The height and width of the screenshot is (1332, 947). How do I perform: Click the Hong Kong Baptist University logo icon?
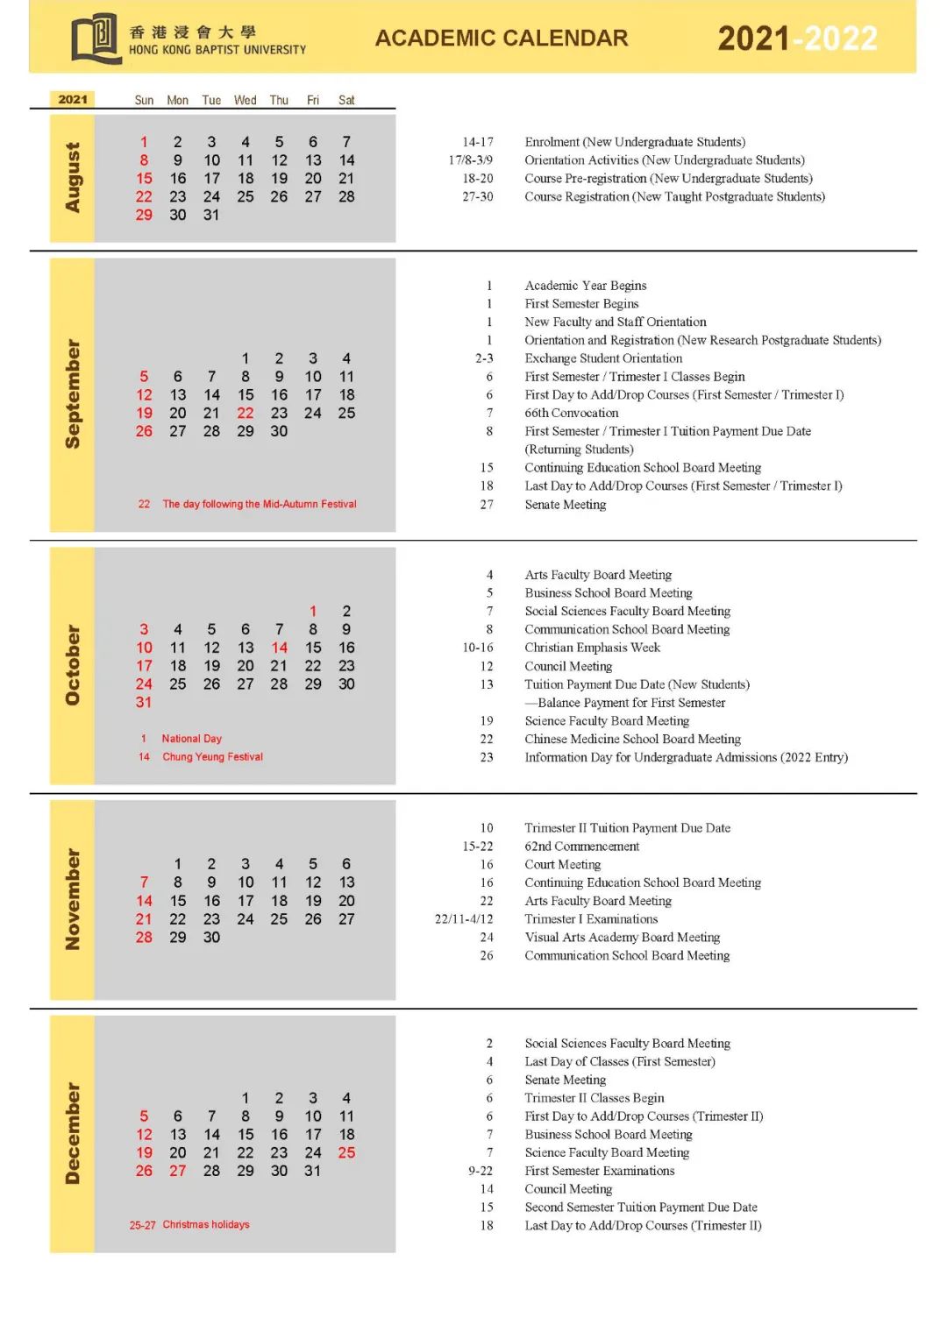point(96,38)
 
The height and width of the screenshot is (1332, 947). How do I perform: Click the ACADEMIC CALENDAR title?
point(502,39)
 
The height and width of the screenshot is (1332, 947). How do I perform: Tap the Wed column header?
point(246,100)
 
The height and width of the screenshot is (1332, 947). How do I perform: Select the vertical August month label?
point(73,177)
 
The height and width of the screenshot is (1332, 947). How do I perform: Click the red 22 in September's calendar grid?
point(246,413)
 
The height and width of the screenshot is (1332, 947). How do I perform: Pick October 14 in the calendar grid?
point(279,648)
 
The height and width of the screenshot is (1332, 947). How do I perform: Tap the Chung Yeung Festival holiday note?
point(212,757)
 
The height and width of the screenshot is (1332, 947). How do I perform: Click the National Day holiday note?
point(191,739)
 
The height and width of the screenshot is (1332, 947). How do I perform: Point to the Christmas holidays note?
point(205,1224)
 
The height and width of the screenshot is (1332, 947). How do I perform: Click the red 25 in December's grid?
point(346,1152)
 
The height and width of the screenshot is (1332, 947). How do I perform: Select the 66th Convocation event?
point(572,413)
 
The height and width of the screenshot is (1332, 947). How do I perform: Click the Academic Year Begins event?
point(586,286)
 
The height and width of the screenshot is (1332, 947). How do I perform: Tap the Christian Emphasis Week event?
point(592,648)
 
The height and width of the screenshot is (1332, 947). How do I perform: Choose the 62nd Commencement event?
point(582,847)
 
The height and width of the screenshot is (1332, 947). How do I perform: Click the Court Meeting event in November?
point(563,865)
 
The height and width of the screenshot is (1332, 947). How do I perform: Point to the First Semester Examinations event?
point(600,1171)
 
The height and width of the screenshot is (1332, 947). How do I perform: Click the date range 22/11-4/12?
point(464,919)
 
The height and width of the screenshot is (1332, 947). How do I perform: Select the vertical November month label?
point(73,899)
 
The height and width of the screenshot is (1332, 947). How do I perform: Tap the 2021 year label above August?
point(73,100)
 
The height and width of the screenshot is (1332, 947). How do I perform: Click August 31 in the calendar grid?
point(211,215)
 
